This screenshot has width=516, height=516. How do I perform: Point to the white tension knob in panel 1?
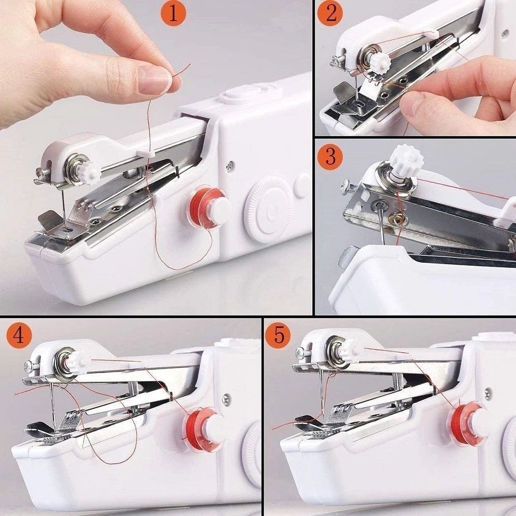90,172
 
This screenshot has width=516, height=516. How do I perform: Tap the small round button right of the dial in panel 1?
303,185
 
